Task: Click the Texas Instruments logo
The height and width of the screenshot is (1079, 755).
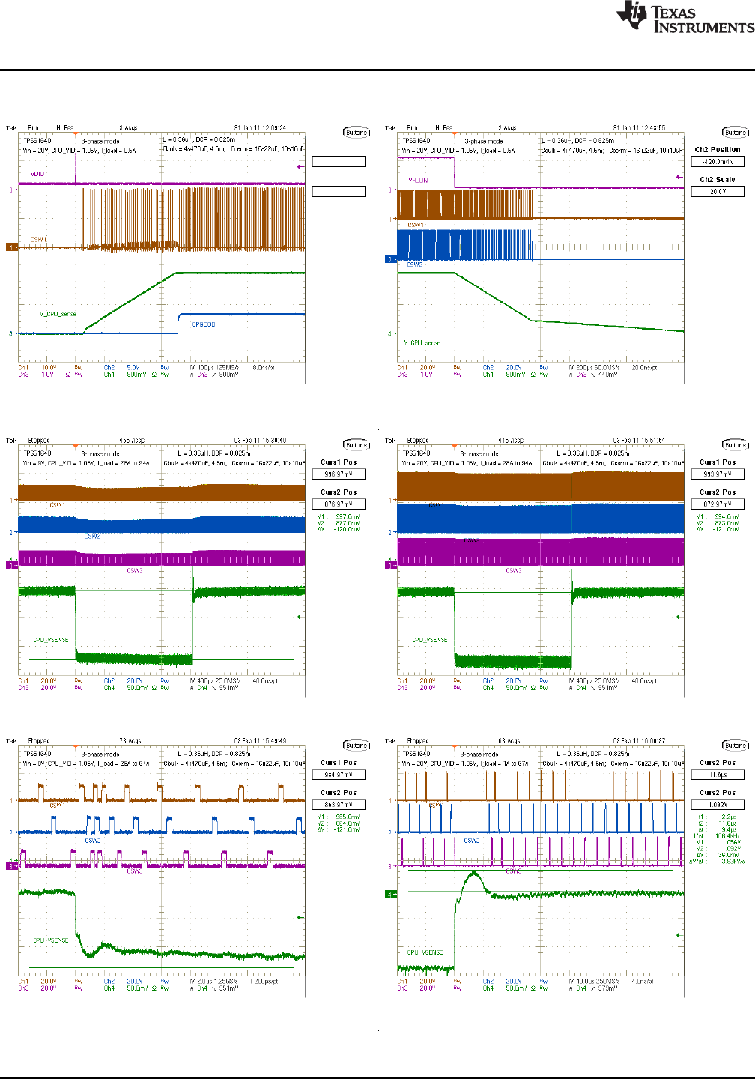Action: pos(685,17)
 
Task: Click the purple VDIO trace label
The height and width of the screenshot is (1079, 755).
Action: pos(37,174)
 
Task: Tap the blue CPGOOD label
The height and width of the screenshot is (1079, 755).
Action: pos(204,324)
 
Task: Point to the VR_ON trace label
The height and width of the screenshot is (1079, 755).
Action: pos(418,181)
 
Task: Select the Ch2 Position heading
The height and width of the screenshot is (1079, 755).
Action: pos(718,150)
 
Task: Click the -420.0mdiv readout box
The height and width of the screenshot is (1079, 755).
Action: pos(718,162)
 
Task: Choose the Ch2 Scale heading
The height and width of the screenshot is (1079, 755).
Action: pos(718,180)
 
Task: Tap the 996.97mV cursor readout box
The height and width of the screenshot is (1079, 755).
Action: pos(339,474)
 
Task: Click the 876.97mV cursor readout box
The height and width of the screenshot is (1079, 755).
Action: pos(339,504)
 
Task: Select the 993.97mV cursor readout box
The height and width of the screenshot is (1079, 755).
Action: pos(718,474)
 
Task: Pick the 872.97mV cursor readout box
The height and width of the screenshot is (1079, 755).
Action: pos(718,504)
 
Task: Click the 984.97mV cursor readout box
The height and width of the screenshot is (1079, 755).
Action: pos(339,775)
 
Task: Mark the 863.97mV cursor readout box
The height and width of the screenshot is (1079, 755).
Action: pos(339,805)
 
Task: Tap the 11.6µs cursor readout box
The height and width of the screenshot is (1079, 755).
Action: pos(718,775)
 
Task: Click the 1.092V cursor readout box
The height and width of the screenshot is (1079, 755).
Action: pos(718,805)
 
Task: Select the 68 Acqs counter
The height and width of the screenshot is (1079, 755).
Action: pos(509,741)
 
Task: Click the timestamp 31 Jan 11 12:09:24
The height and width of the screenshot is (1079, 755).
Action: pos(260,128)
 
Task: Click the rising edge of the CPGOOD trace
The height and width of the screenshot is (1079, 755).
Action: pos(178,324)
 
